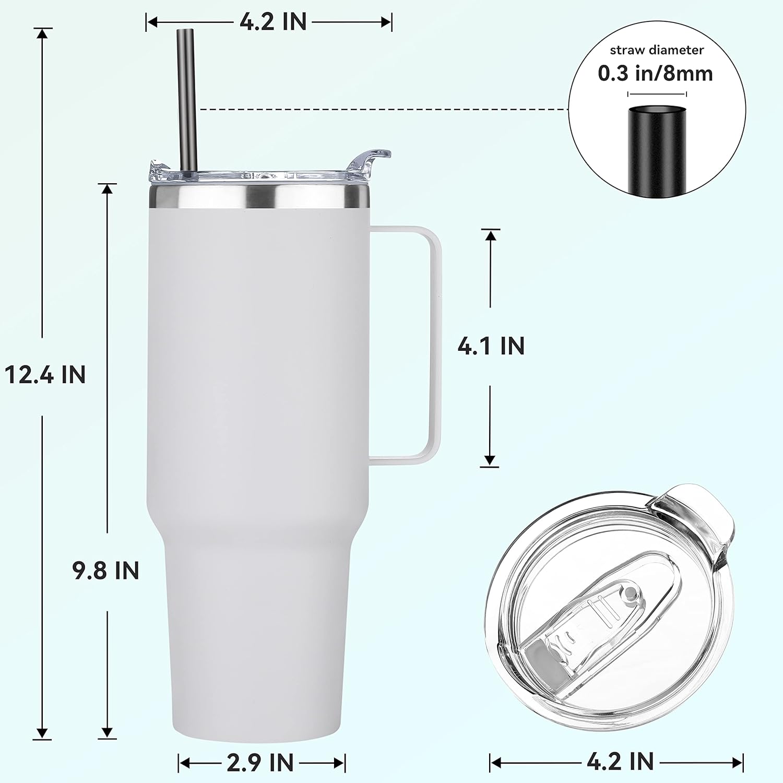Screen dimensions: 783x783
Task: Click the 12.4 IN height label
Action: click(x=45, y=375)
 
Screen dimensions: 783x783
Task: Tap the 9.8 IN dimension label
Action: click(x=106, y=571)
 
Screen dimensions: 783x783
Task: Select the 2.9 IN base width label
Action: click(x=260, y=763)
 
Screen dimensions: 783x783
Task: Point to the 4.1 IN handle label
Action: click(x=491, y=346)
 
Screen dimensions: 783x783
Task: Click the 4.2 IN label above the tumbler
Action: click(x=273, y=22)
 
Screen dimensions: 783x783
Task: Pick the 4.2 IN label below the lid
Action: click(x=620, y=762)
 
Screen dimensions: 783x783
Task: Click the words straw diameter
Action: click(x=657, y=50)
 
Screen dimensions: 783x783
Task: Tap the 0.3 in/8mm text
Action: click(x=655, y=74)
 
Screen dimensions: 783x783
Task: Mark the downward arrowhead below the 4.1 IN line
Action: click(x=490, y=460)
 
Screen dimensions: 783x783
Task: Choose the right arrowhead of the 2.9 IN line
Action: click(x=340, y=763)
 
